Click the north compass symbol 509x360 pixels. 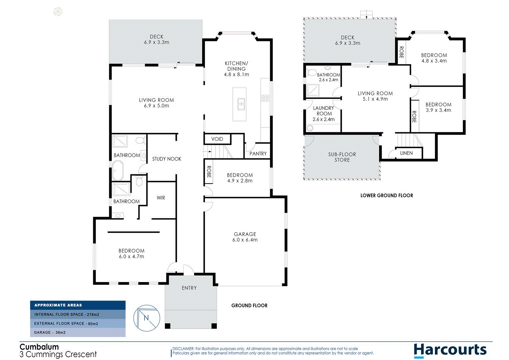147,318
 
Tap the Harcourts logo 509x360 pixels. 450,350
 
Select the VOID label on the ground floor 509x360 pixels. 217,139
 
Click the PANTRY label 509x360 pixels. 258,154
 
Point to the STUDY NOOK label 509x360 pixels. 167,159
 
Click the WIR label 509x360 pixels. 161,198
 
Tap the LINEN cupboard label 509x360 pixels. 406,153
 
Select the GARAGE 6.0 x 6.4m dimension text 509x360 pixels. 245,240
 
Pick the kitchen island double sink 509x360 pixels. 241,104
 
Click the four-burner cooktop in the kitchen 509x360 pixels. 265,98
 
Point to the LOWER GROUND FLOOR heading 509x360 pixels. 386,196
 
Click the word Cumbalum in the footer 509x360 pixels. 39,347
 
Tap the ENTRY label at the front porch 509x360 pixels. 189,288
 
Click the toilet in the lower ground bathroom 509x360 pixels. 312,72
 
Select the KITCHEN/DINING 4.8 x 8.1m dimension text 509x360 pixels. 236,75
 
